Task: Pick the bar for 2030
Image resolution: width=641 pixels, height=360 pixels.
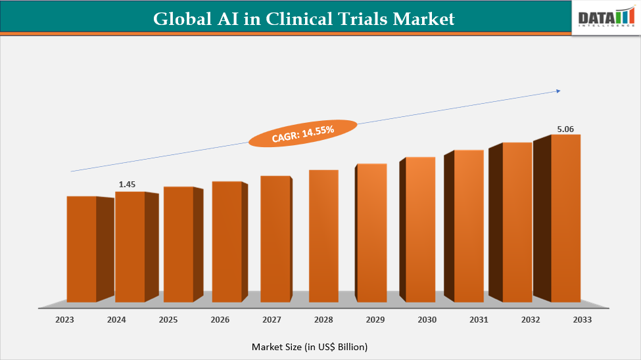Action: click(x=420, y=229)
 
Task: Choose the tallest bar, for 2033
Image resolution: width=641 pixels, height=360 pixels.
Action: click(x=565, y=218)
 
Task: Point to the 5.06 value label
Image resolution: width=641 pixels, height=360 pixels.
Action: click(x=565, y=129)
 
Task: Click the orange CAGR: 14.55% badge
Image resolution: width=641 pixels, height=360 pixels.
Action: click(x=303, y=133)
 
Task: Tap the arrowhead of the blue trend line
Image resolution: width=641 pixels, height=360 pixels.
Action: click(x=558, y=91)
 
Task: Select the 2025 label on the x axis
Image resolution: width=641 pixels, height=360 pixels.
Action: click(x=168, y=320)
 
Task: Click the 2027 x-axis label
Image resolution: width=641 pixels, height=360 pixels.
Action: click(x=272, y=320)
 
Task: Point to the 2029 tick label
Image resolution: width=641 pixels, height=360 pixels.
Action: click(x=375, y=320)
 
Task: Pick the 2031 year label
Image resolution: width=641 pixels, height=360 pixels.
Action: click(x=479, y=320)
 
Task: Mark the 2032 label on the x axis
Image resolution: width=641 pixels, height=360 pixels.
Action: click(x=531, y=320)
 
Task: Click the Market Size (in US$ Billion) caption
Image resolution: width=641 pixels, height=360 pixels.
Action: click(x=310, y=346)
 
